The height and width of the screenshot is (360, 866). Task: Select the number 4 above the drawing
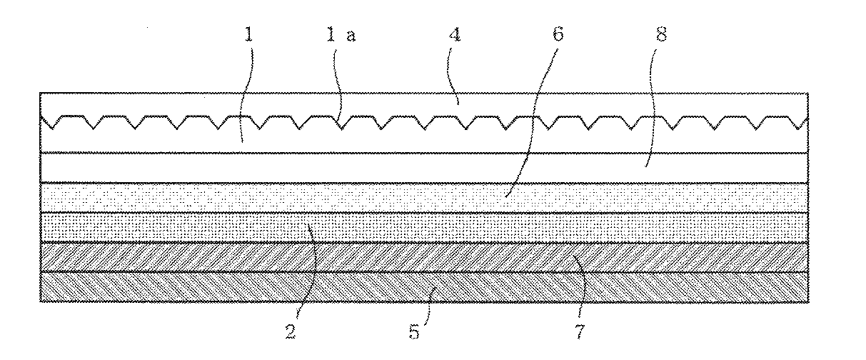point(453,35)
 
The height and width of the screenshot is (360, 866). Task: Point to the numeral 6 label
point(557,35)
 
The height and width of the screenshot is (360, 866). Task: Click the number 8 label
point(660,35)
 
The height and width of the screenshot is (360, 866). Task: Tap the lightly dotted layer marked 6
point(214,197)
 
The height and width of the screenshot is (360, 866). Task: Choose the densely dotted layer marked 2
point(178,227)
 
